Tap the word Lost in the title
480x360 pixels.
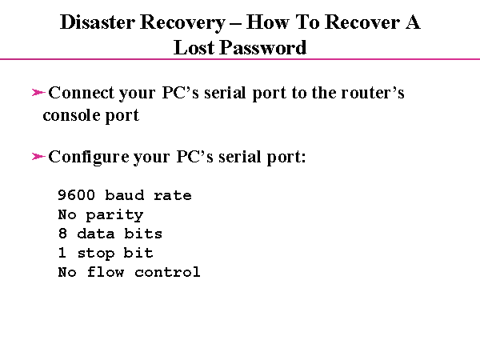(x=194, y=47)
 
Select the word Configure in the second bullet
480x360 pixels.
(x=88, y=156)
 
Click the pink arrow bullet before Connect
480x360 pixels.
(x=38, y=94)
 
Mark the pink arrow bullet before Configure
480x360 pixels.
(x=38, y=157)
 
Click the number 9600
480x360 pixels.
(x=77, y=195)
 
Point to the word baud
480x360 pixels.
(x=125, y=195)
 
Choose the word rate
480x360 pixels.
(x=173, y=195)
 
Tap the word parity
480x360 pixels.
(x=115, y=215)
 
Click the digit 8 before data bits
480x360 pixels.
(x=62, y=234)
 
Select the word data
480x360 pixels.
(x=96, y=234)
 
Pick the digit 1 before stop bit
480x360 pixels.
(x=62, y=253)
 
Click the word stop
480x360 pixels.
(x=96, y=254)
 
